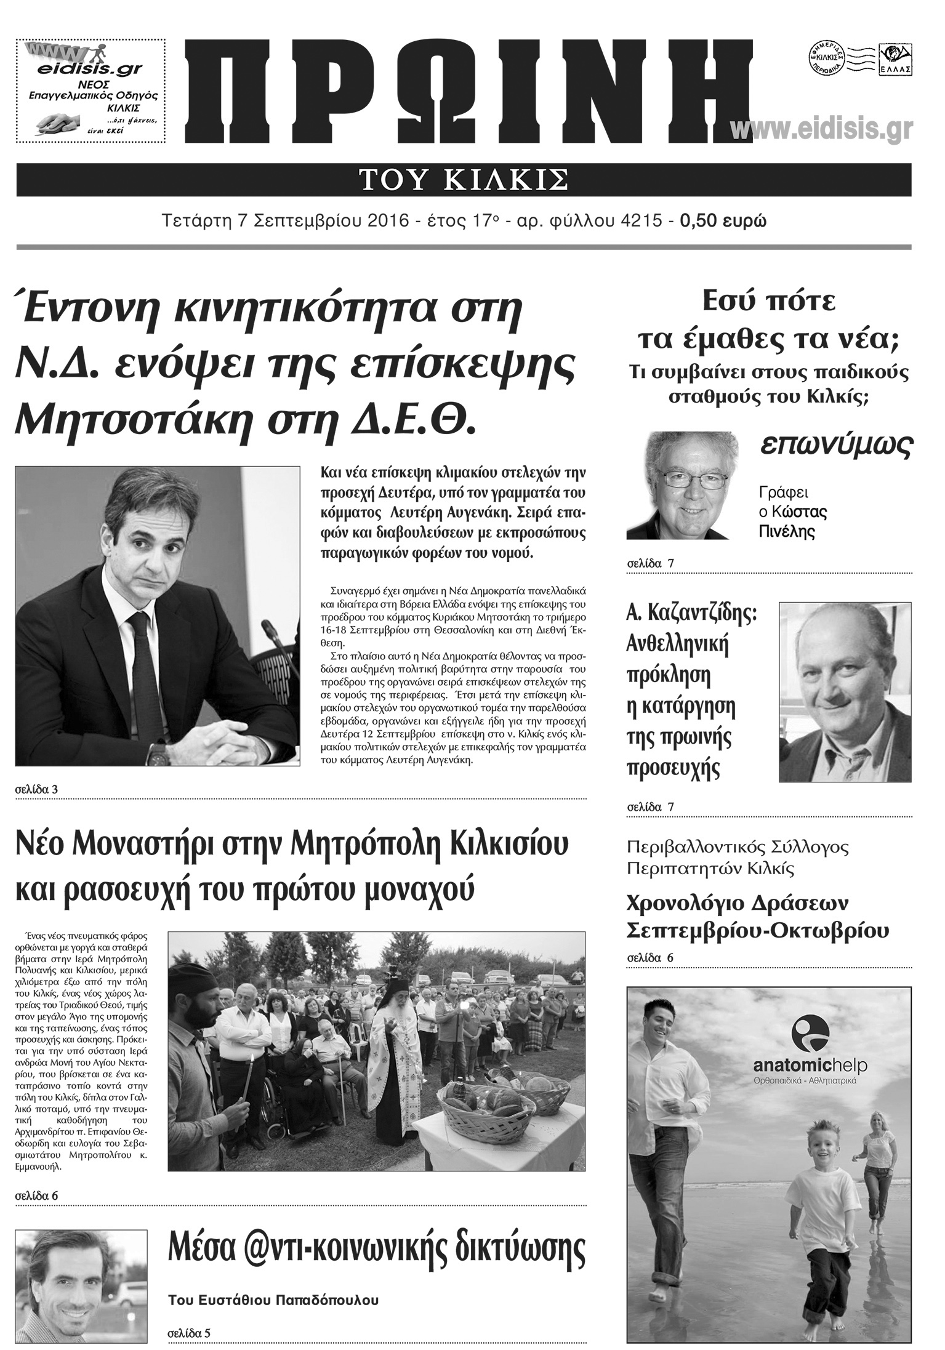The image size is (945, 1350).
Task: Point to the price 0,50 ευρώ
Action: [x=723, y=220]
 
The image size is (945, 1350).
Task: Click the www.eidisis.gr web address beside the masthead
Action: [x=821, y=129]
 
